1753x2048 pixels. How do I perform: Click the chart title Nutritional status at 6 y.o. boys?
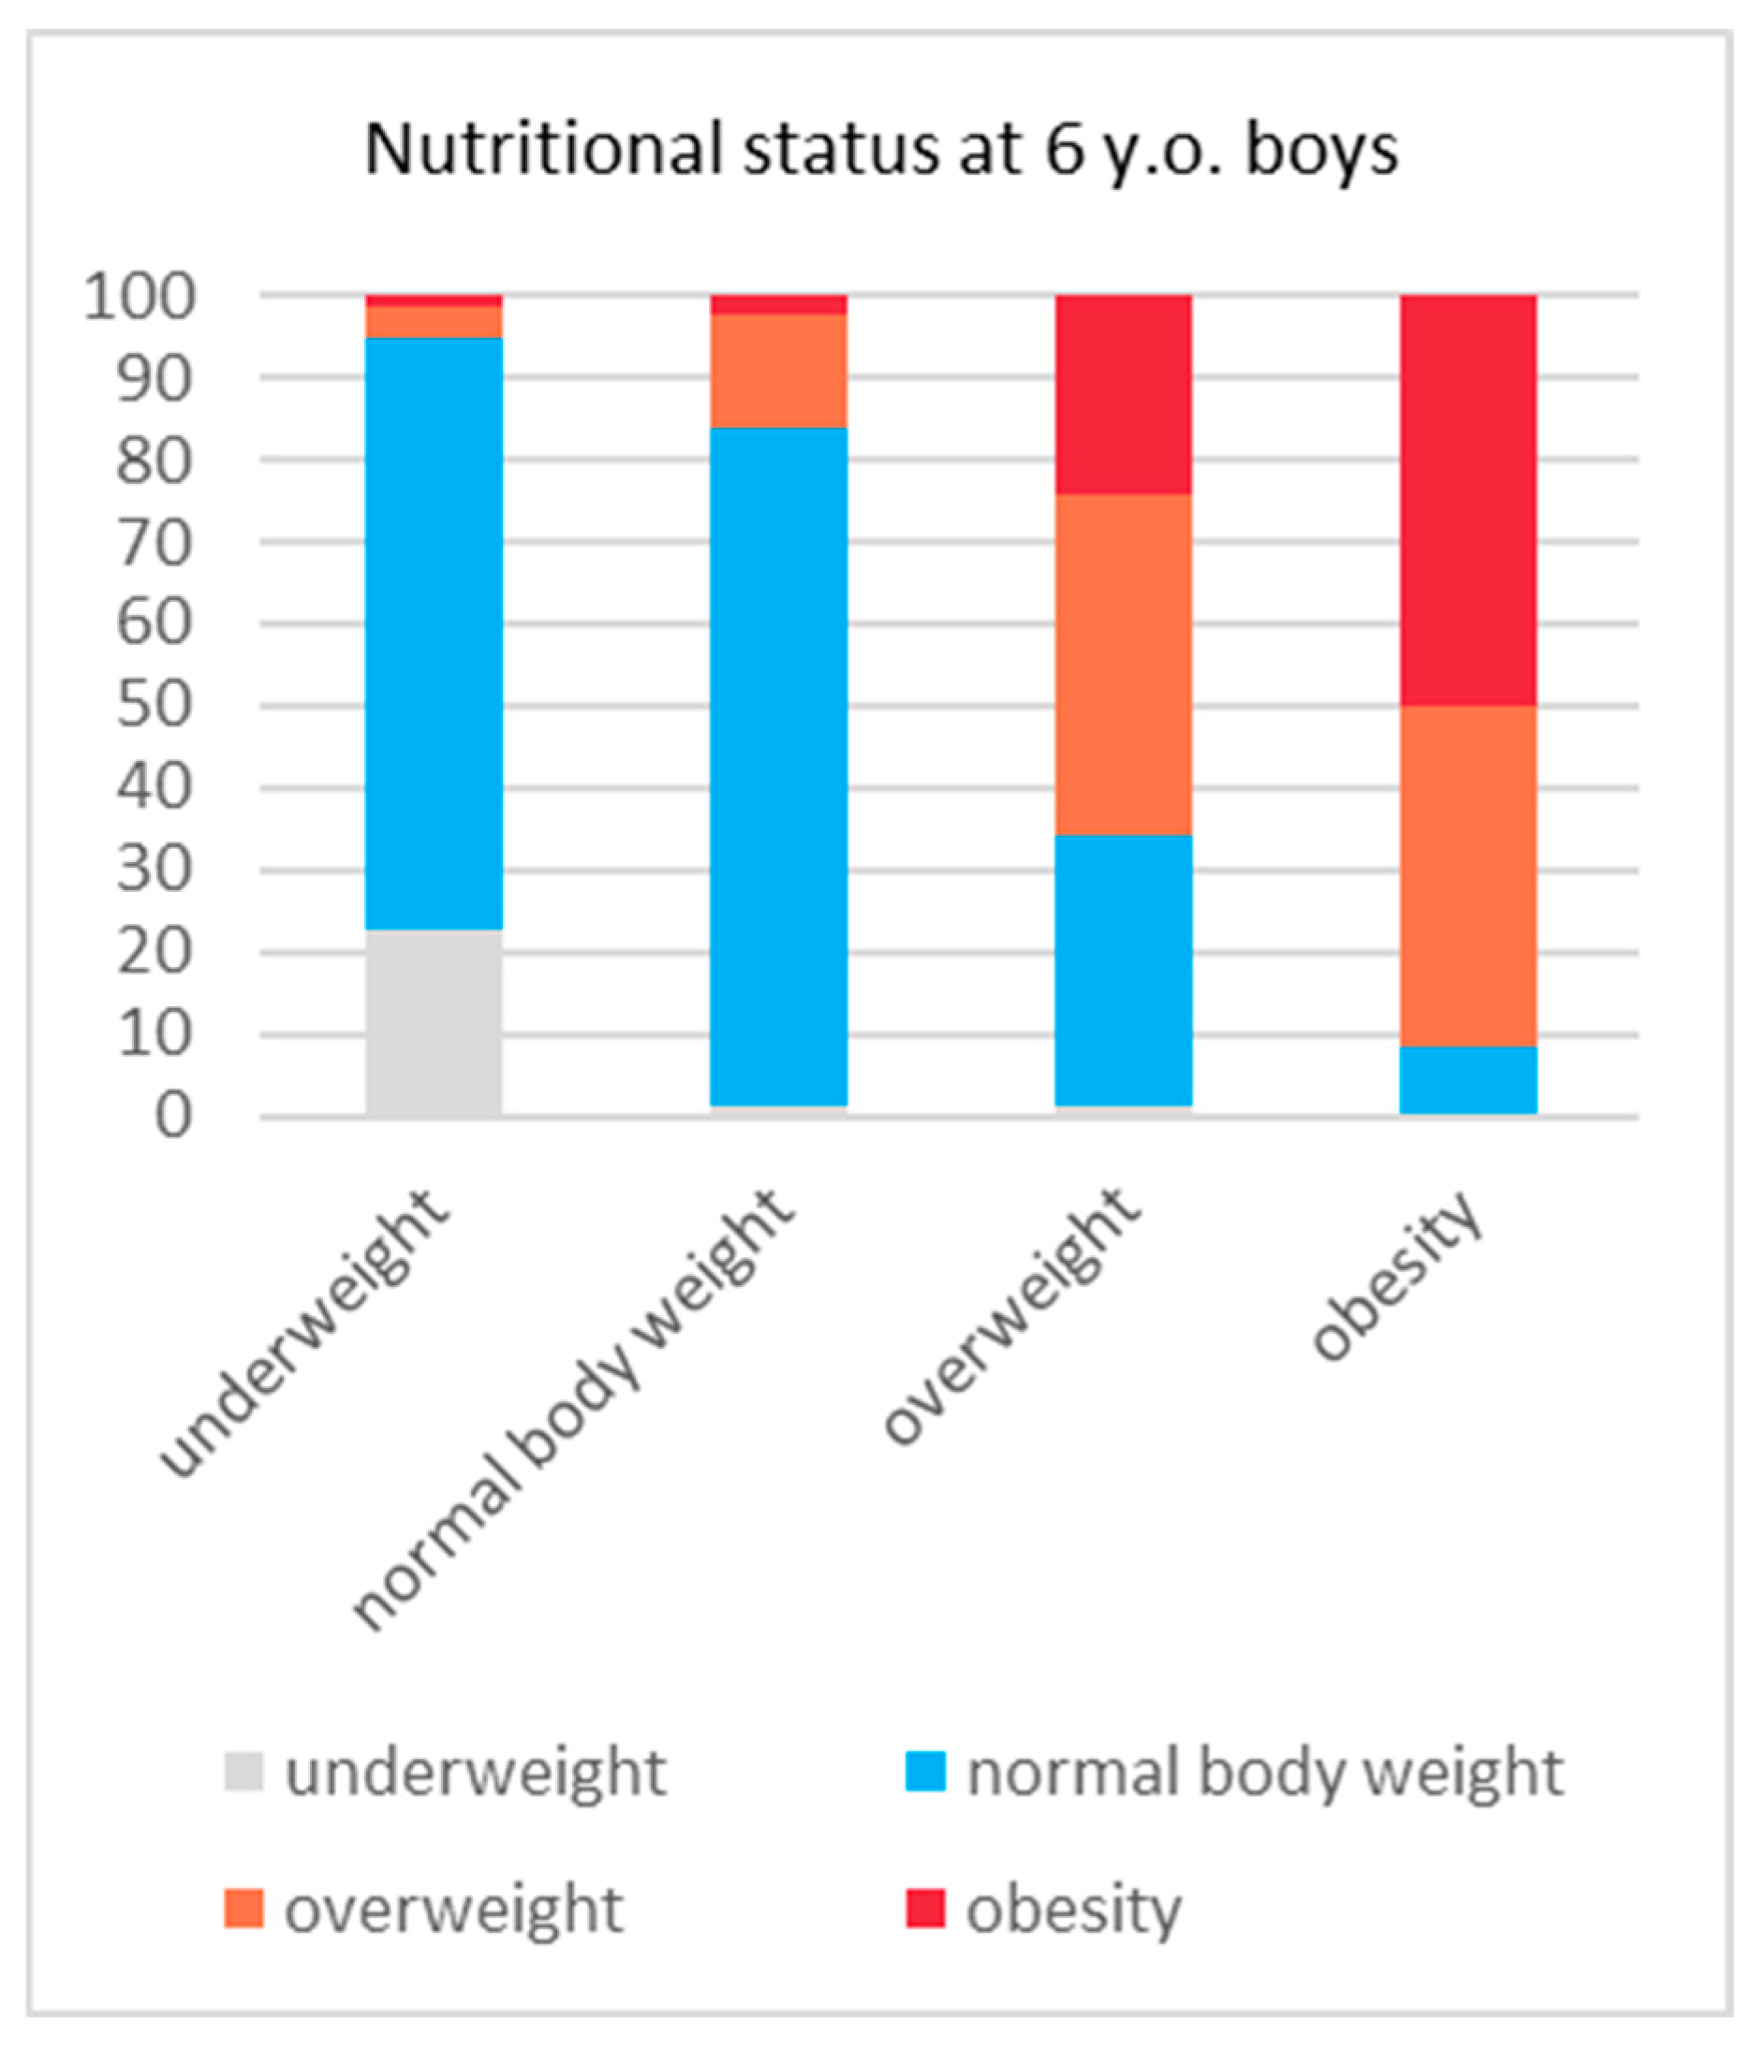(x=881, y=152)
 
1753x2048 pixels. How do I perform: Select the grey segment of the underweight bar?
(x=435, y=1022)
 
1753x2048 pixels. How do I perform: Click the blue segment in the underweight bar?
(x=435, y=633)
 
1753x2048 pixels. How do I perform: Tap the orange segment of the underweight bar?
(x=435, y=321)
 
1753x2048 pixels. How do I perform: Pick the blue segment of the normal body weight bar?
(x=779, y=766)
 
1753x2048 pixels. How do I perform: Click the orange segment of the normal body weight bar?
(x=779, y=371)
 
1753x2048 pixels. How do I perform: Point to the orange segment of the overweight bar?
(x=1124, y=665)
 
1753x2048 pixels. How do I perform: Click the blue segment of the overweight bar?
(x=1124, y=969)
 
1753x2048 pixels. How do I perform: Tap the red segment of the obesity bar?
(x=1468, y=499)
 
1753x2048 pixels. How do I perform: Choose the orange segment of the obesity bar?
(x=1468, y=875)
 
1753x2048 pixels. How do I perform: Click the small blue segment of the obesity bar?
(x=1468, y=1079)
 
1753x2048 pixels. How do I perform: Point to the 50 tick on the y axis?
(x=155, y=706)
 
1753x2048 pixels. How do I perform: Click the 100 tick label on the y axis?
(x=140, y=296)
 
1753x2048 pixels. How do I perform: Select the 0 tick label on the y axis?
(x=173, y=1118)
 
